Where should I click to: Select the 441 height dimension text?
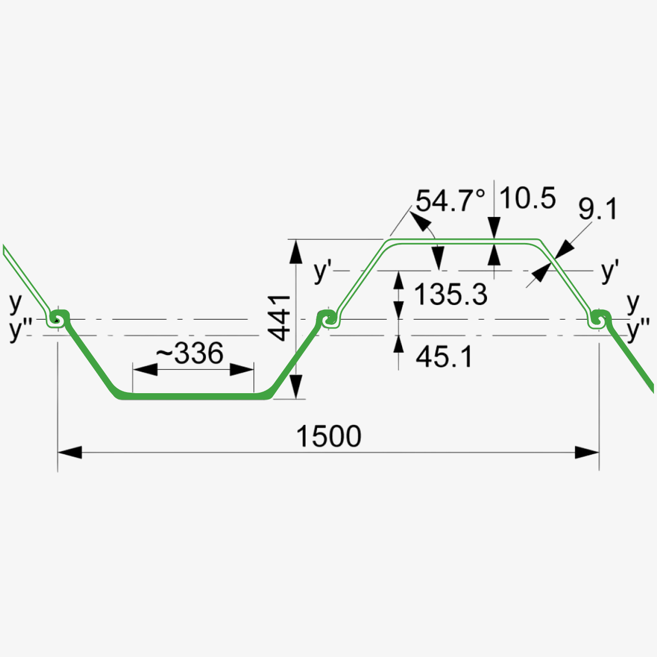pos(279,319)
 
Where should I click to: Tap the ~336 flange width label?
pos(190,353)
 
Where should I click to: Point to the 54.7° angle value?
pos(450,201)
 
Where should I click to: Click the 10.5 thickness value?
pos(528,198)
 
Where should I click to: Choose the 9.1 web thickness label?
pos(598,209)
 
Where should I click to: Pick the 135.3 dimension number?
pos(451,294)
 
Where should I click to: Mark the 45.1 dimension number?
pos(444,357)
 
